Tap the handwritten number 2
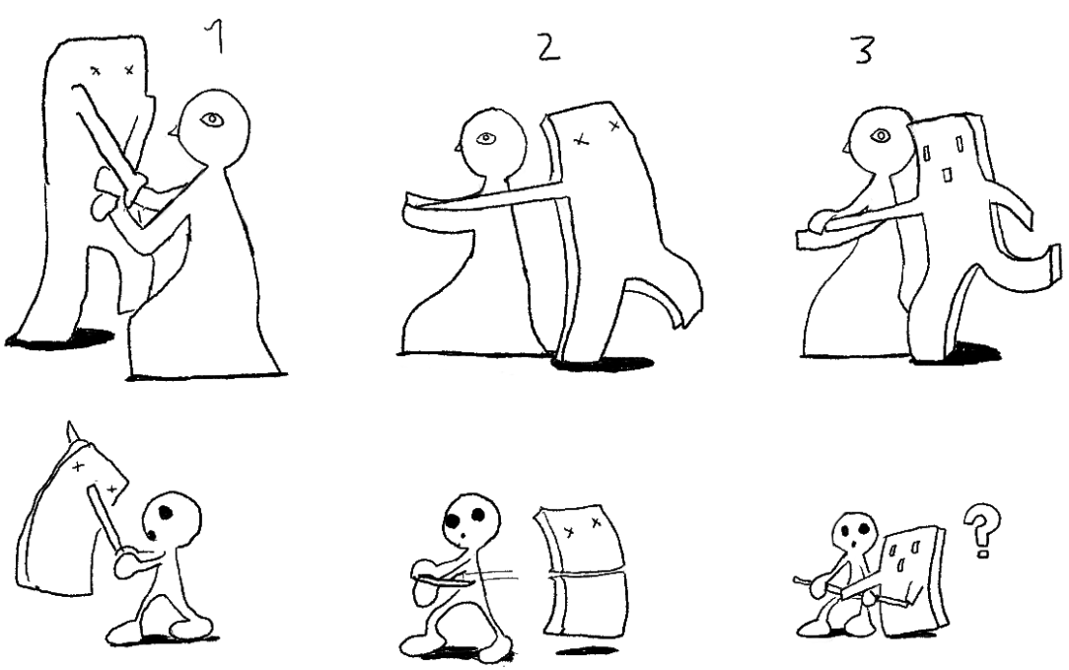(x=548, y=47)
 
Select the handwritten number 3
(x=863, y=49)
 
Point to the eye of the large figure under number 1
(x=213, y=120)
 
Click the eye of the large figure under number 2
(x=485, y=138)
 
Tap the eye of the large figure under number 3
(x=881, y=136)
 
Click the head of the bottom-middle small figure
(x=471, y=523)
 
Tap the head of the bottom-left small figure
(x=172, y=517)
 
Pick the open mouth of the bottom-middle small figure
(x=463, y=536)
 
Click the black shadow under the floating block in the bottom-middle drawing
(x=588, y=649)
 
